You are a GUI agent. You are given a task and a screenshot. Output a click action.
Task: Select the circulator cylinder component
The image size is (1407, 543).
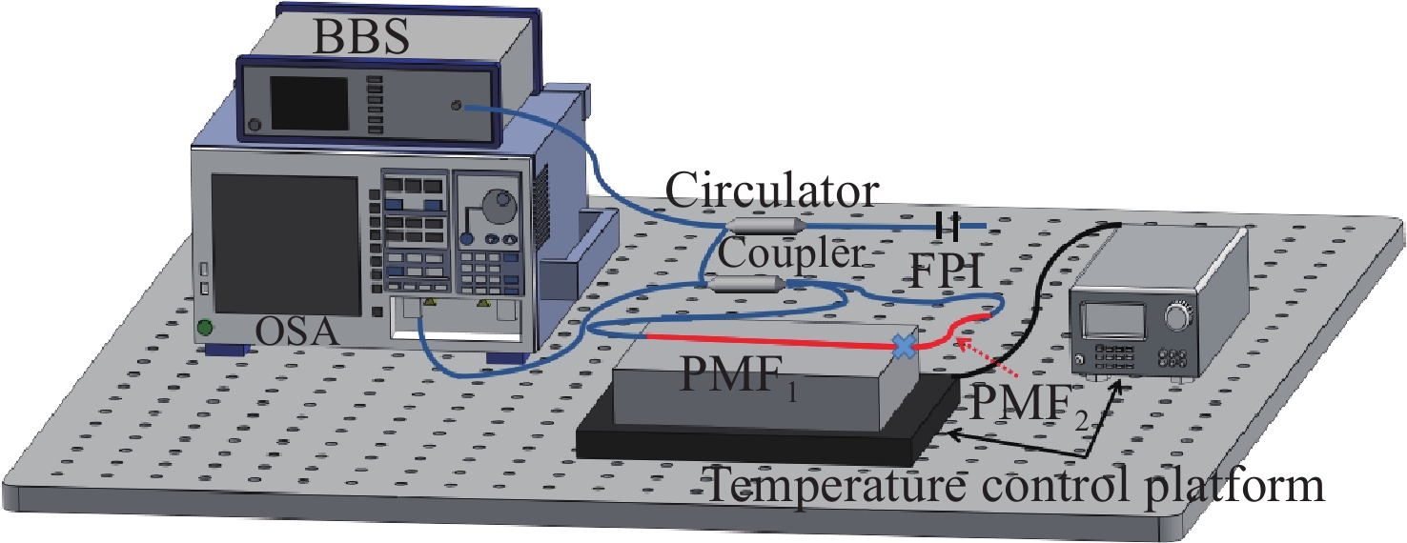click(x=764, y=226)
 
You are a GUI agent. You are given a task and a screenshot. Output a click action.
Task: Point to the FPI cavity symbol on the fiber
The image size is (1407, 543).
click(x=948, y=226)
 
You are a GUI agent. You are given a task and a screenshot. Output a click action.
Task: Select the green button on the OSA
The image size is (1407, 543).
click(x=204, y=329)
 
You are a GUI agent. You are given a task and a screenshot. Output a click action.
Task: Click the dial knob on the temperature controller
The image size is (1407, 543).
click(x=1180, y=313)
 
